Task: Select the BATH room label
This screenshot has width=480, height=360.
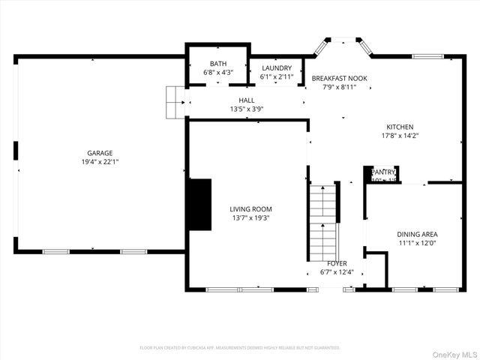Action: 218,64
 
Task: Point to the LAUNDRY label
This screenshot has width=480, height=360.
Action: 276,68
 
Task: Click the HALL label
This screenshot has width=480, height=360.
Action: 247,100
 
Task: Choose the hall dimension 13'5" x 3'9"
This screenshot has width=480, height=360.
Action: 247,109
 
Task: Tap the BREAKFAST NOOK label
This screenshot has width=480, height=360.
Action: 339,78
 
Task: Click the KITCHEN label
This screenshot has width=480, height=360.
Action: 400,127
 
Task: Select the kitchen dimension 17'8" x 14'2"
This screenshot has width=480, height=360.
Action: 400,136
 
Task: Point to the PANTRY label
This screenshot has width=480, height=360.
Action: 383,172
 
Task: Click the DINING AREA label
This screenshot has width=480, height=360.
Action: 418,234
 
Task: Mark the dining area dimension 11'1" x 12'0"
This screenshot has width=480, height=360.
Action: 418,243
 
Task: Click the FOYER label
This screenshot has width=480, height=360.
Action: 336,263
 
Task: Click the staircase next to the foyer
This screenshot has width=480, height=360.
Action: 324,222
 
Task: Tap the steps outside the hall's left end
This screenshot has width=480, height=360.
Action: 175,101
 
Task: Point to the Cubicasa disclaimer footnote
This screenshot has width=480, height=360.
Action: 240,348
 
